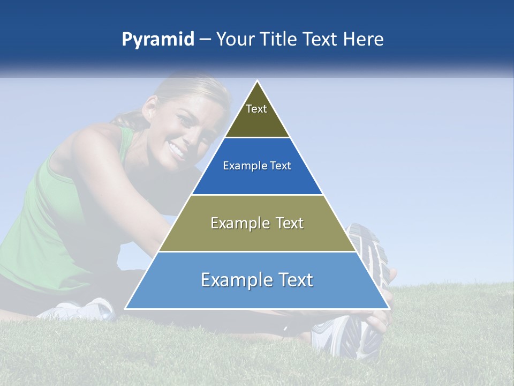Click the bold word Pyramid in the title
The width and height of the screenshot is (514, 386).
click(x=158, y=40)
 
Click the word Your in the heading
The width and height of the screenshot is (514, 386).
click(x=234, y=40)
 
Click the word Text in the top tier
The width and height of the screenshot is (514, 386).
click(x=256, y=109)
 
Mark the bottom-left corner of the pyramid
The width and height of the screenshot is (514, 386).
click(x=126, y=308)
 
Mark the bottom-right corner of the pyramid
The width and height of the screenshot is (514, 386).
click(x=389, y=308)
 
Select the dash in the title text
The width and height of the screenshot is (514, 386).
click(x=205, y=40)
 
